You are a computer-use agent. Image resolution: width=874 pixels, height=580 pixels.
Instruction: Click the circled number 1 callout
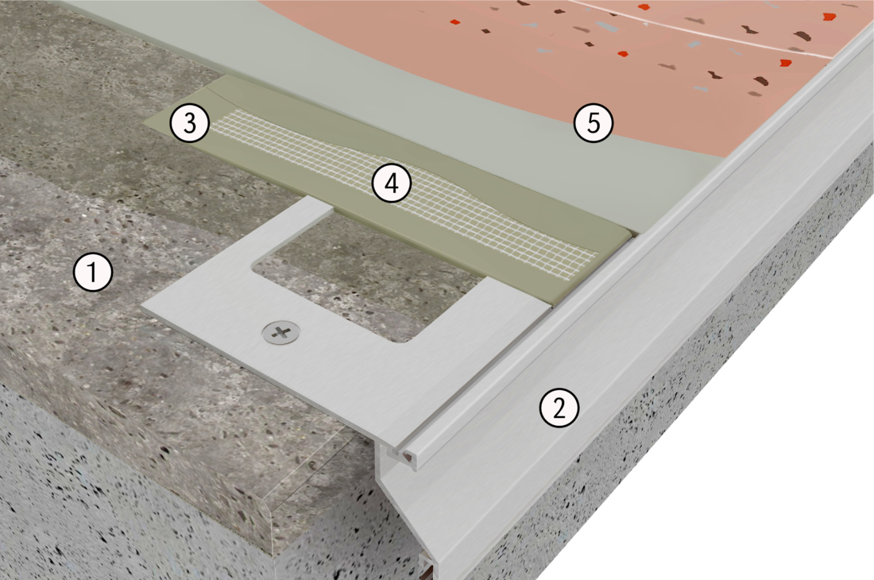pos(93,273)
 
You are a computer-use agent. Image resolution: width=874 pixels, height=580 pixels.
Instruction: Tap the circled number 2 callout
pos(559,408)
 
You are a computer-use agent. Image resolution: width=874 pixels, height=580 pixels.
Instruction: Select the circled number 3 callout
pos(190,122)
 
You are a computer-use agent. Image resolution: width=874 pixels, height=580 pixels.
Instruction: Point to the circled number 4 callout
pos(392,183)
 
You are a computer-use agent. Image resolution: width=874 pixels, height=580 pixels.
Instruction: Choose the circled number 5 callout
pos(593,122)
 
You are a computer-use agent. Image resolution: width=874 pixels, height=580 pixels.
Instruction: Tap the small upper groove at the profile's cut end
pos(405,457)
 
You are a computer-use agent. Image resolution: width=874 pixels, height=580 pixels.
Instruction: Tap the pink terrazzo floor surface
pos(669,72)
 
